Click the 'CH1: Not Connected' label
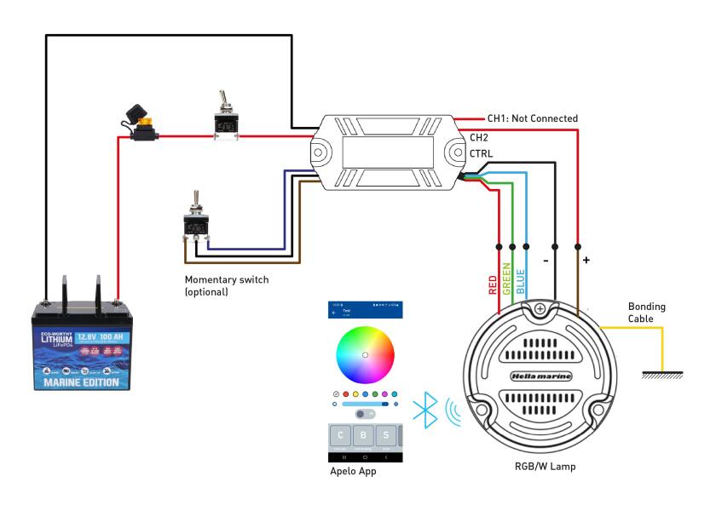pyautogui.click(x=532, y=118)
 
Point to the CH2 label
pyautogui.click(x=479, y=137)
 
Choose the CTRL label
pyautogui.click(x=481, y=154)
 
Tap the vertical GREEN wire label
pyautogui.click(x=507, y=278)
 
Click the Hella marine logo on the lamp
pyautogui.click(x=540, y=376)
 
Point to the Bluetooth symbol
pyautogui.click(x=424, y=411)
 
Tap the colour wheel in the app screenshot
pyautogui.click(x=365, y=353)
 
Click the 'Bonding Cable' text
pyautogui.click(x=647, y=312)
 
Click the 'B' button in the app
pyautogui.click(x=365, y=437)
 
